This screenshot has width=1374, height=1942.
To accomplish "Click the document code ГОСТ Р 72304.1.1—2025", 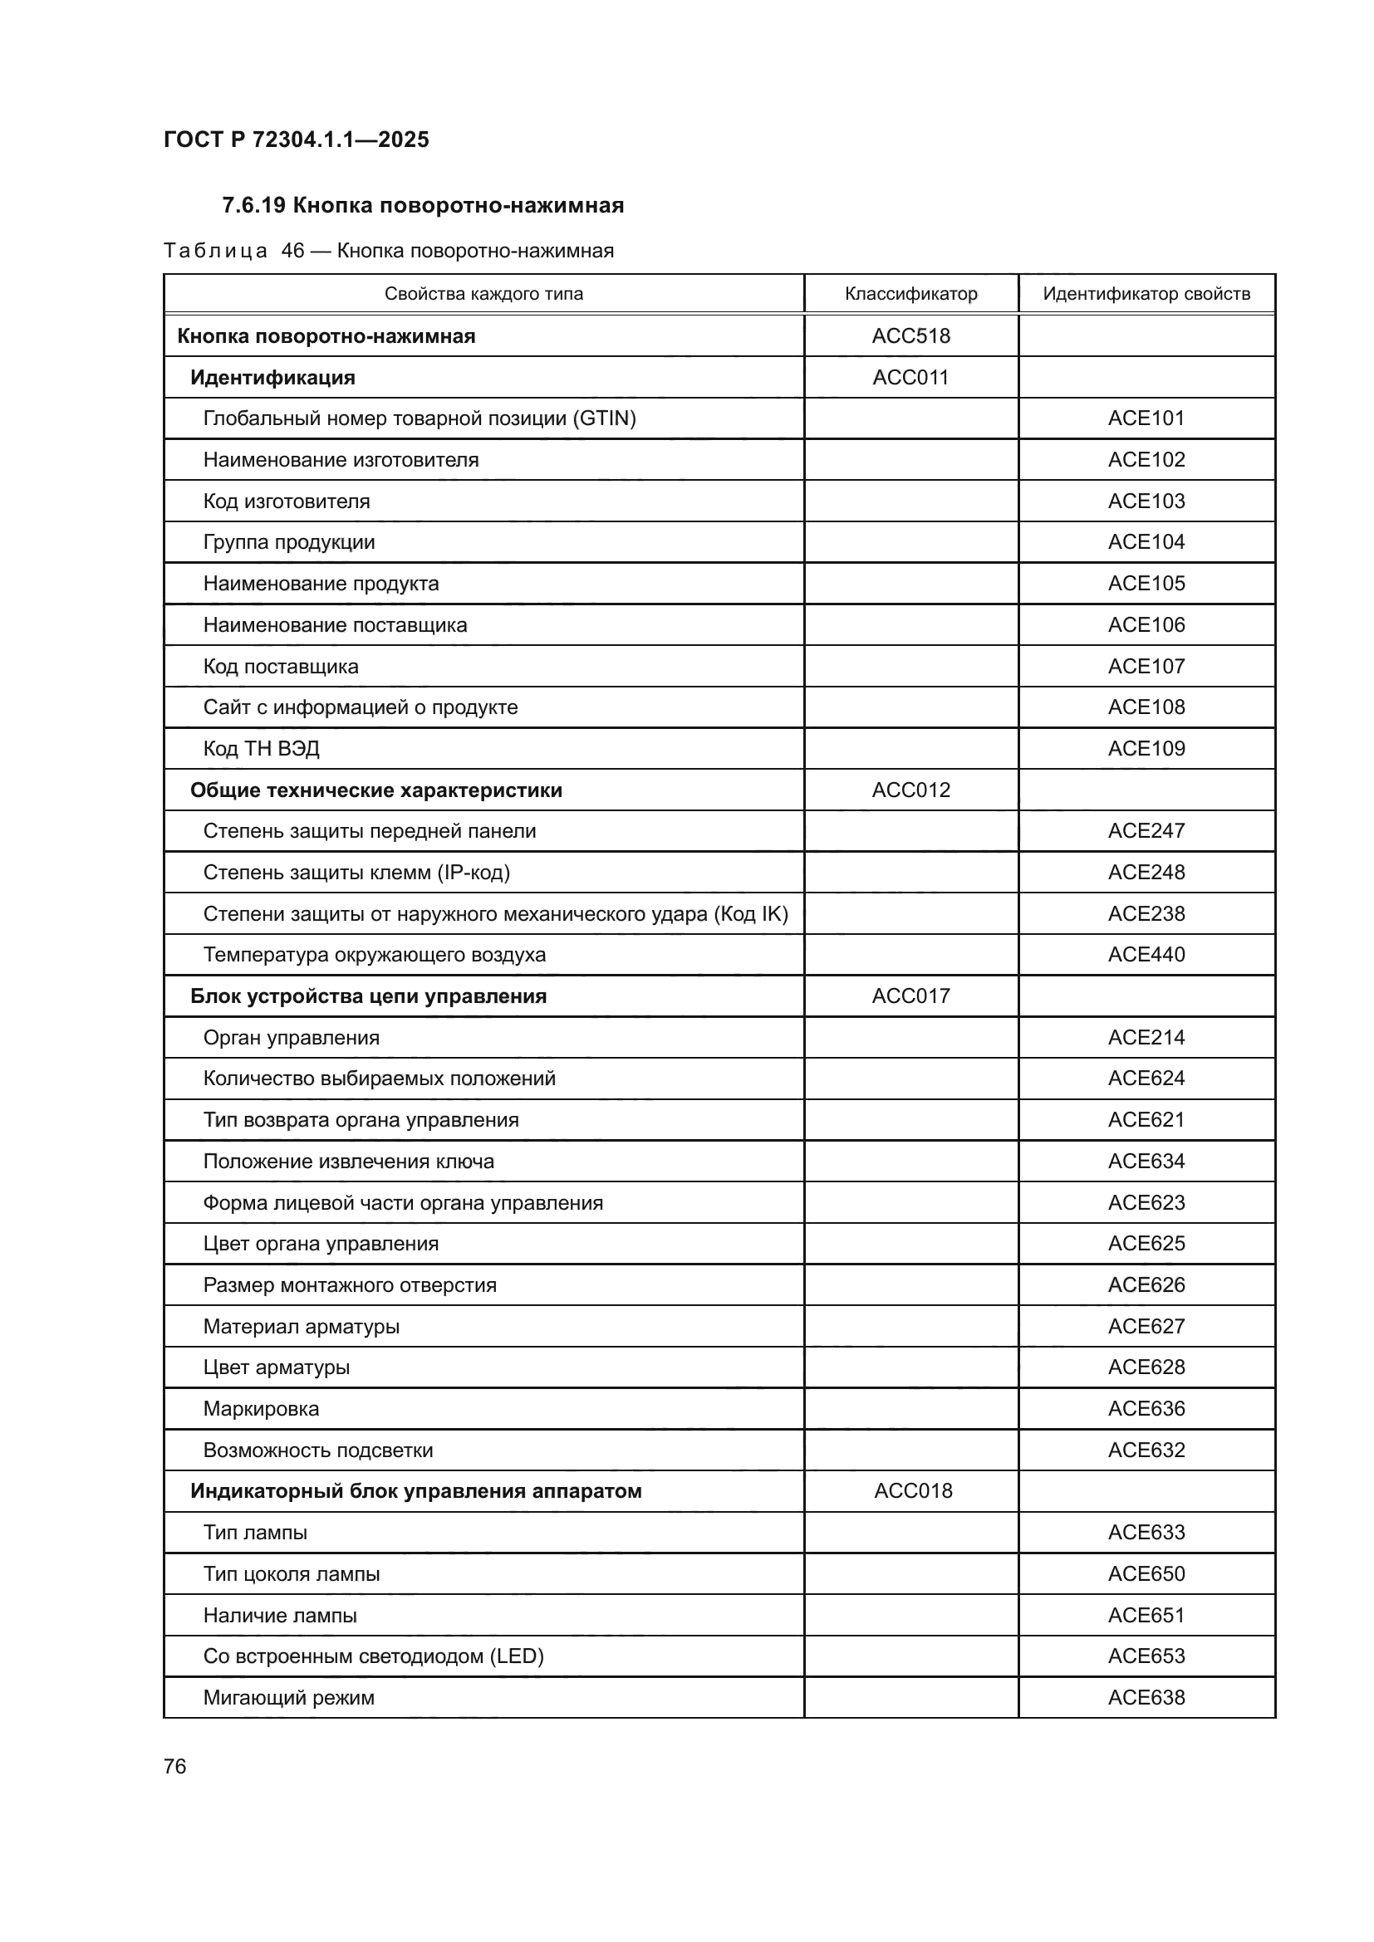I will point(296,139).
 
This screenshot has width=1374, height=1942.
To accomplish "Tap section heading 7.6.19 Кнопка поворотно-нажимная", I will point(423,206).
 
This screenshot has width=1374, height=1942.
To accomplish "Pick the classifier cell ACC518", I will point(910,335).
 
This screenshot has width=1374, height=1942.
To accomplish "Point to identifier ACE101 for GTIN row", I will point(1146,418).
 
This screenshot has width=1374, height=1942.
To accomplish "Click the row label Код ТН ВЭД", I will point(261,749).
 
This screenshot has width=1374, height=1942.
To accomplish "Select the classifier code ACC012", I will point(910,790).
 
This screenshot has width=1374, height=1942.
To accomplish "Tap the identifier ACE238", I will point(1146,913).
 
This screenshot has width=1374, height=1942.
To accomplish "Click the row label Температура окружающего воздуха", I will point(374,955).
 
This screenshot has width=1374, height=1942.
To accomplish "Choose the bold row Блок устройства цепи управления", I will point(368,996).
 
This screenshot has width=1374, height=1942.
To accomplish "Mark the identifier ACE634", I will point(1146,1162).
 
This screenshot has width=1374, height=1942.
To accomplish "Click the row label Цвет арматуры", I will point(276,1367).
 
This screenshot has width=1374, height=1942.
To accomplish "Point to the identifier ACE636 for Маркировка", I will point(1146,1409).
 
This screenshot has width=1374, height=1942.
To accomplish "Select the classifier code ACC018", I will point(912,1491).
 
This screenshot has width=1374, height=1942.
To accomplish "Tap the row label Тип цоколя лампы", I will point(291,1574).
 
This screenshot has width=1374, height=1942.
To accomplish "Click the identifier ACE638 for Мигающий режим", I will point(1146,1698).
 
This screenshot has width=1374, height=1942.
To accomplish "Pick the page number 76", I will point(175,1766).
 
